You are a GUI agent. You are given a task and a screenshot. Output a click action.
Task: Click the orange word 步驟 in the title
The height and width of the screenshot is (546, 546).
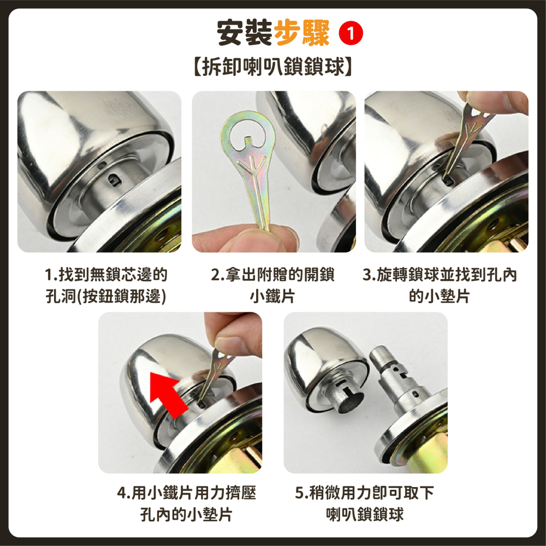point(301,33)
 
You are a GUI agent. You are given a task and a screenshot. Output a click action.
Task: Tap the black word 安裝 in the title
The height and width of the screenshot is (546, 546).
point(244,33)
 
